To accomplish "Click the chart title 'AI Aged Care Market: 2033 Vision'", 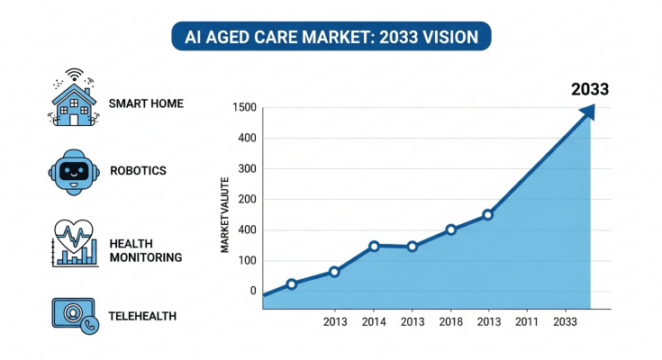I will [x=331, y=37].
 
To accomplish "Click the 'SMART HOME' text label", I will [x=146, y=104].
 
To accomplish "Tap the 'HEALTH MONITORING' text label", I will [x=145, y=250].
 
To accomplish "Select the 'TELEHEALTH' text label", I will [x=142, y=316].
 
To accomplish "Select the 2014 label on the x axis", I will [x=373, y=321].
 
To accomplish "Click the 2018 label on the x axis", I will [x=450, y=321].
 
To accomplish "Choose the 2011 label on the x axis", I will [x=526, y=321].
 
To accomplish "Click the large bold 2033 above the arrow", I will [x=591, y=89].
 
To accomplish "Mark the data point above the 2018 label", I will [x=451, y=229].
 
